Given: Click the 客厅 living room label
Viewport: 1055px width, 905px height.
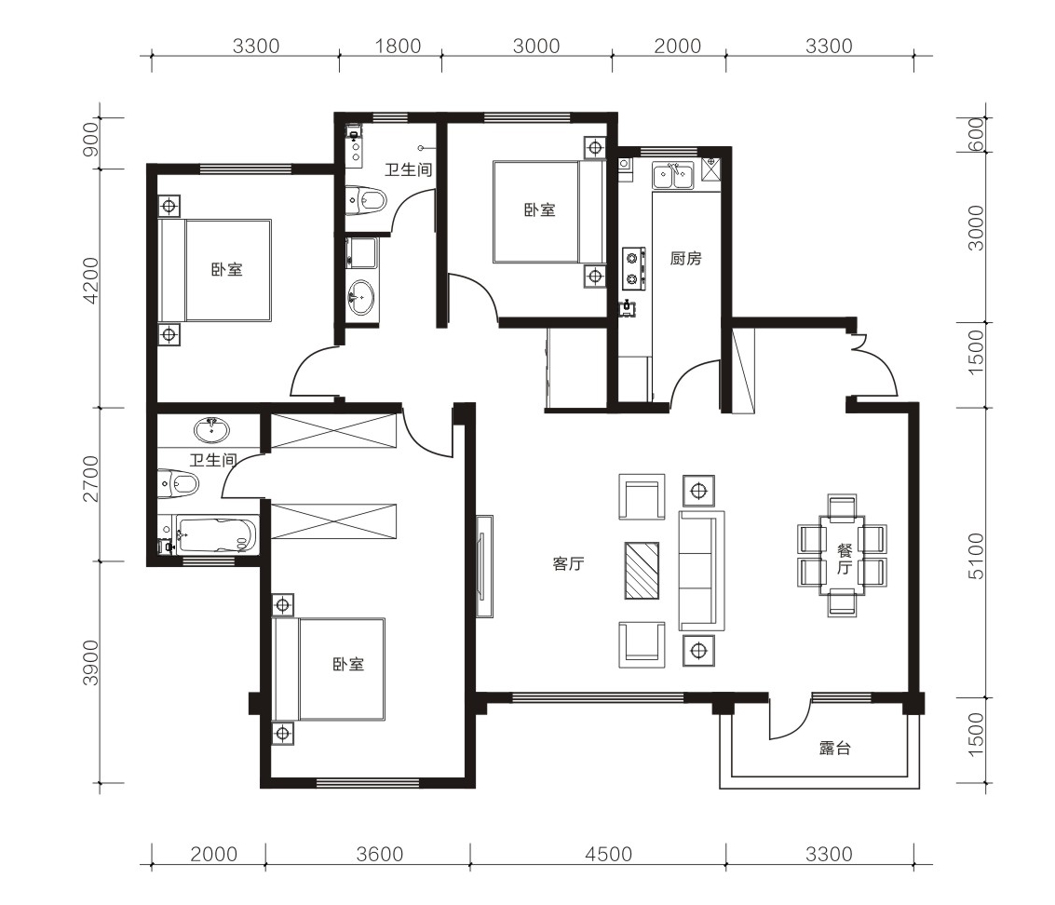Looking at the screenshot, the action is pos(568,564).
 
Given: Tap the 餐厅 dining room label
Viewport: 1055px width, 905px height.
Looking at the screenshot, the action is pos(845,559).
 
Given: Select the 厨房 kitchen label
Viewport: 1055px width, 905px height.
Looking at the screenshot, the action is pos(685,259).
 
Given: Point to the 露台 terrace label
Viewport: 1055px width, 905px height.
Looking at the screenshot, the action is pos(835,749).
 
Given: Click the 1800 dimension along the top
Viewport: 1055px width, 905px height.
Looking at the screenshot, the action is pos(398,47).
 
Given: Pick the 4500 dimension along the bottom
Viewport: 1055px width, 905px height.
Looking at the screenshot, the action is pos(608,855).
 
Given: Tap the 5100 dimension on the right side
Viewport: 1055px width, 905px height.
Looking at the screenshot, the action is pos(976,556).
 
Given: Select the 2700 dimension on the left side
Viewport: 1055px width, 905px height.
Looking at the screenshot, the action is pos(90,480).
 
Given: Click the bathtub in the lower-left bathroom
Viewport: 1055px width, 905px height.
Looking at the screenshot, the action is pos(215,535).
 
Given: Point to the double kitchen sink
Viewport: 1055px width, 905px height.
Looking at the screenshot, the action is pos(673,175).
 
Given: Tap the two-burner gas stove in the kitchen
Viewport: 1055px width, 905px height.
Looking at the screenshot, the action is pos(633,268).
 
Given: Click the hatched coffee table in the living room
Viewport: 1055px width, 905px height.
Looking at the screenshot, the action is pos(642,571).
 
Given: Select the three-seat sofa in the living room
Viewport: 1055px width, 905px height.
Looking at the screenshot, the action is pos(702,571).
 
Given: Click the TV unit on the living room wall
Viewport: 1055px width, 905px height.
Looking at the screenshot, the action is pos(484,566).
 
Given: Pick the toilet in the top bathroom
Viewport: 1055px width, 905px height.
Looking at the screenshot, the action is pos(366,200).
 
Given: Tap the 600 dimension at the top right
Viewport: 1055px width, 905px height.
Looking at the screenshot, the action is pos(976,135).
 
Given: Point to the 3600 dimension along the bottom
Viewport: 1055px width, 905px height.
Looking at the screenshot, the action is pos(380,855).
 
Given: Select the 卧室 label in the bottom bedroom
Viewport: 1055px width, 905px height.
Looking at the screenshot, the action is pos(348,665).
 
